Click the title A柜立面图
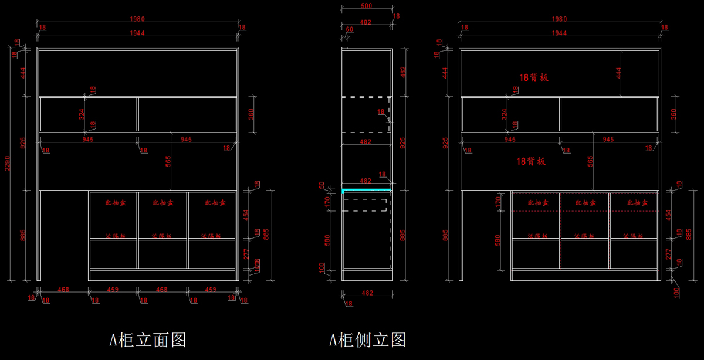pos(148,339)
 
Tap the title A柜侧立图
pos(367,339)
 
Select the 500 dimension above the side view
pos(366,6)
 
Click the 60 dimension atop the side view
pos(350,29)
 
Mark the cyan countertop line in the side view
pos(367,191)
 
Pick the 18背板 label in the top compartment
pos(533,77)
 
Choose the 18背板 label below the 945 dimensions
pos(531,161)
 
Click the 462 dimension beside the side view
pos(403,72)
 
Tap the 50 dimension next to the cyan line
pos(338,185)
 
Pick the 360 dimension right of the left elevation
pos(252,113)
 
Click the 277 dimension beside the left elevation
pos(247,254)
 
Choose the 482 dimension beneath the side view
pos(367,292)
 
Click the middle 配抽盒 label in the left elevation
pos(163,203)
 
